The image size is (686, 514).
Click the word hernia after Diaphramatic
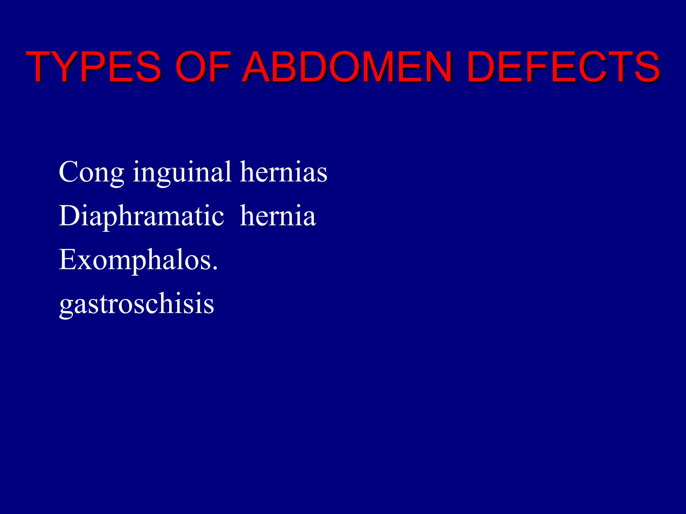pos(278,216)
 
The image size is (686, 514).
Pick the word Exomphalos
pos(136,260)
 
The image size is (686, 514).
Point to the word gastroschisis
pos(137,304)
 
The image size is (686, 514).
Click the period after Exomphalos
pos(215,268)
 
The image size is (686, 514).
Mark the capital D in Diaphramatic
pos(69,216)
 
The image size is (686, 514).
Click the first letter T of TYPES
pos(43,67)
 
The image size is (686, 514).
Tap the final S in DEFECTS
pos(645,67)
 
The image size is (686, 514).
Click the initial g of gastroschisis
pos(67,306)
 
